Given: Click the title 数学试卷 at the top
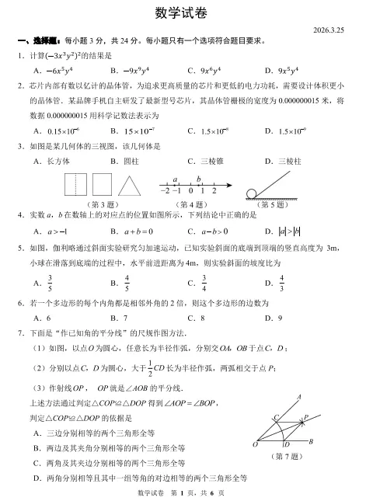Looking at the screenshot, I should (183, 15).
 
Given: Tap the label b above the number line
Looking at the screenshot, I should (198, 178).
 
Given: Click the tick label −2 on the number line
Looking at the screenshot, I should (165, 191).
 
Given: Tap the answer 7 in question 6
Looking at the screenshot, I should (124, 318).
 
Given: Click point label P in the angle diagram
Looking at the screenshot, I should (305, 416).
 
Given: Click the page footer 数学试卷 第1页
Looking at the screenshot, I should (183, 493).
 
